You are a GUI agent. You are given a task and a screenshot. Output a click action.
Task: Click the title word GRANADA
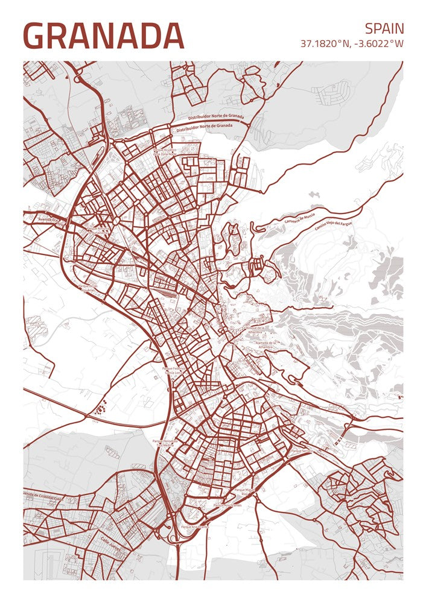(103, 36)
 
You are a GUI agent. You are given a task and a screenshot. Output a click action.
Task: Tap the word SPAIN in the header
(384, 28)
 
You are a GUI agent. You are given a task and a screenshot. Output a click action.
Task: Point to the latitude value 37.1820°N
(325, 44)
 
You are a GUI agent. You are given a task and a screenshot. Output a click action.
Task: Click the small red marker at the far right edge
(399, 397)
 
